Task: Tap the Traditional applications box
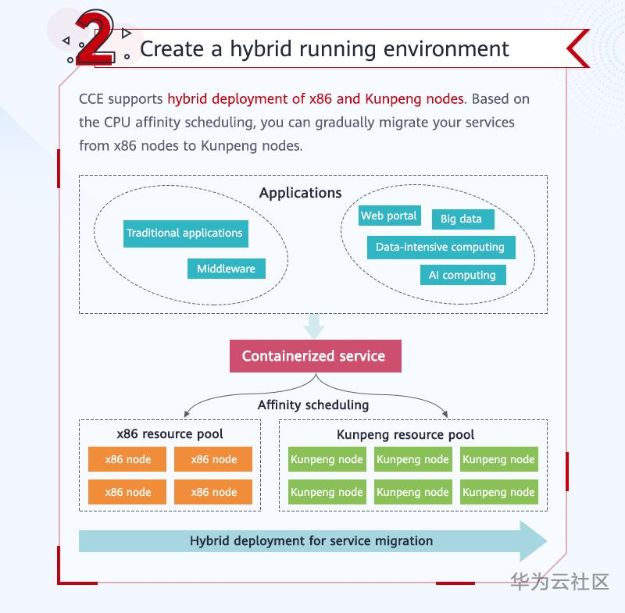tap(184, 233)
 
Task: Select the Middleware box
tap(226, 269)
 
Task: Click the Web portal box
tap(388, 216)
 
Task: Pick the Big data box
tap(462, 219)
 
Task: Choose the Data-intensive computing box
tap(440, 247)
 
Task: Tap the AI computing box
tap(462, 275)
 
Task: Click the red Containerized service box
tap(313, 356)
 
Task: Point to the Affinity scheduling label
tap(313, 405)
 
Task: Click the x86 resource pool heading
tap(170, 434)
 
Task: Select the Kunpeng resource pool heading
tap(405, 435)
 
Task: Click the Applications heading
tap(301, 193)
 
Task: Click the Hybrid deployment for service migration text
tap(311, 540)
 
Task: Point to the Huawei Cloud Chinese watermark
tap(559, 582)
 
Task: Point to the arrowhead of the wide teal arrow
tap(534, 540)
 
